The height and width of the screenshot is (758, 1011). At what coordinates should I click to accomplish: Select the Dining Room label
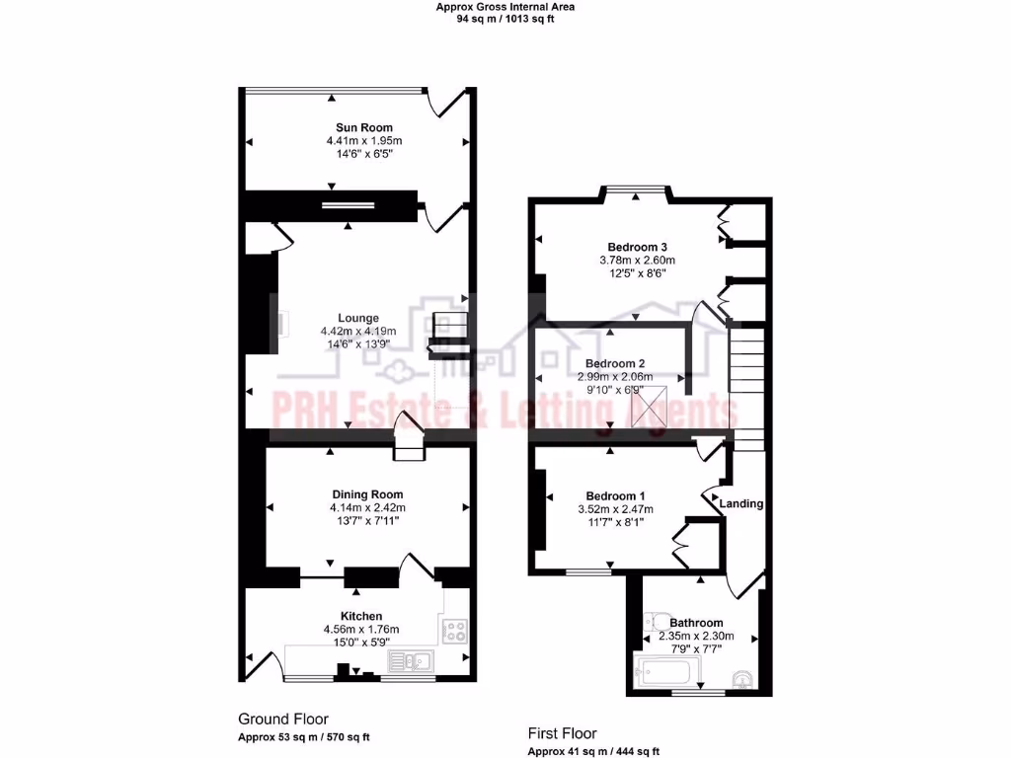pyautogui.click(x=366, y=494)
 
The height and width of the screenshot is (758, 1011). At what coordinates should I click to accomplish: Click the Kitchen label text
pyautogui.click(x=360, y=616)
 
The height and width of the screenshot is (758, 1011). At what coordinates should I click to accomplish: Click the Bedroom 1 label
pyautogui.click(x=615, y=495)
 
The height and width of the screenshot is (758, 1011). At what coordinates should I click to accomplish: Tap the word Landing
pyautogui.click(x=741, y=503)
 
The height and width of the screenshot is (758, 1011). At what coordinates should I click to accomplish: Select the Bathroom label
pyautogui.click(x=696, y=623)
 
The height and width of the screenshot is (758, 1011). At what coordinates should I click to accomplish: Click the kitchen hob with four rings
pyautogui.click(x=456, y=630)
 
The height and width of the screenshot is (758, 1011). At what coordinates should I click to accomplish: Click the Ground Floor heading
pyautogui.click(x=283, y=720)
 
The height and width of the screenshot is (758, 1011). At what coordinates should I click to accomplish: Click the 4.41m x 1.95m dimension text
pyautogui.click(x=363, y=141)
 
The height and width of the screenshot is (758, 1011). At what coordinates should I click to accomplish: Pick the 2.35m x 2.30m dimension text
pyautogui.click(x=696, y=637)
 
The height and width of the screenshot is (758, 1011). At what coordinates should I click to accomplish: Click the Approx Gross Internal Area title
pyautogui.click(x=505, y=7)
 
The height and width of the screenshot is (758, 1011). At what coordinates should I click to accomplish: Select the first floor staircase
pyautogui.click(x=747, y=380)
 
